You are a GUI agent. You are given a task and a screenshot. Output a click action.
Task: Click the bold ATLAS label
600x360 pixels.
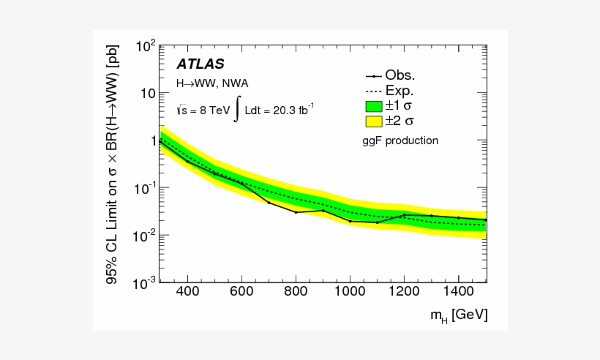[200, 64]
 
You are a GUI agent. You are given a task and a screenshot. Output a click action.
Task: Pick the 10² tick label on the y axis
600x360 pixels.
[143, 47]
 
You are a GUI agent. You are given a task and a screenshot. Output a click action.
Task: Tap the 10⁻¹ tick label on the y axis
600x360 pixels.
[143, 188]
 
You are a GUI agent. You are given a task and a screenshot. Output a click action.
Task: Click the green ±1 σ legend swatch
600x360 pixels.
[373, 105]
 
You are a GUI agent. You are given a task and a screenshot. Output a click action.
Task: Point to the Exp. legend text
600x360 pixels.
[400, 91]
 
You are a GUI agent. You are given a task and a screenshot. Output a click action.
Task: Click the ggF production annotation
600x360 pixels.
[402, 140]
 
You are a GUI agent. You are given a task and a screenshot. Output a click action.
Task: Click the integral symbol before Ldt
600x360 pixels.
[237, 110]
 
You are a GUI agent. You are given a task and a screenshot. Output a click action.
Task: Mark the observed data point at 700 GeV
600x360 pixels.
[269, 202]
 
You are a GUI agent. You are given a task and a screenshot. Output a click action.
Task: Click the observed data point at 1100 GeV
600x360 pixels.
[377, 222]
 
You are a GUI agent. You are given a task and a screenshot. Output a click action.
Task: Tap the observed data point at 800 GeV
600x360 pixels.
[296, 212]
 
